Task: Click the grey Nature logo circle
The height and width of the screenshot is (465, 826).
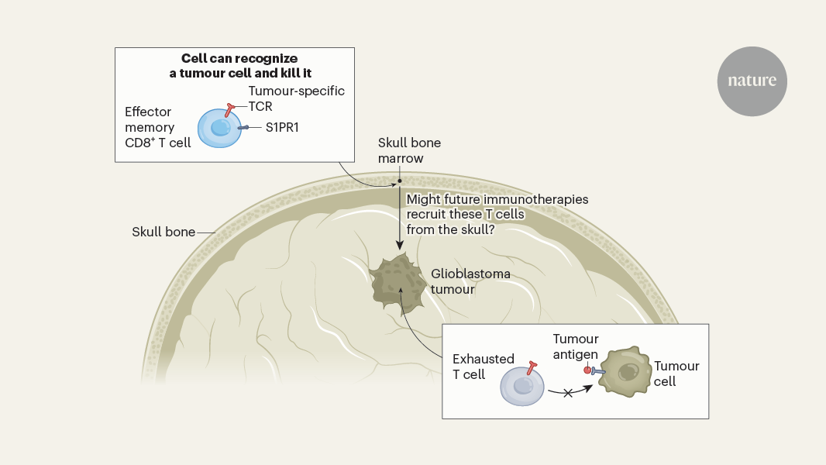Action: coord(752,81)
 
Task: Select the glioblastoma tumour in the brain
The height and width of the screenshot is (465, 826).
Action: coord(398,283)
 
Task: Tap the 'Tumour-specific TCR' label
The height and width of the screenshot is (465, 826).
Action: coord(296,98)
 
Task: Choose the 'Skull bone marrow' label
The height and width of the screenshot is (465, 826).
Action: coord(401,150)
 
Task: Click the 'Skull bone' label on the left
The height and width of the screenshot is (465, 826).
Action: coord(163,232)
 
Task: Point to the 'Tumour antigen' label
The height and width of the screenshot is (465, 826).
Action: coord(575,346)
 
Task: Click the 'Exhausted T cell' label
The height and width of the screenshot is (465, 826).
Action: coord(483,367)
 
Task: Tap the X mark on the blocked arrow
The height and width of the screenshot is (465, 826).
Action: coord(567,393)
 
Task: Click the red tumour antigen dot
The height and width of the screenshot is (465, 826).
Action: coord(587,370)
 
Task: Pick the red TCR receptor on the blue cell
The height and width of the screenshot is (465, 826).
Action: coord(230,109)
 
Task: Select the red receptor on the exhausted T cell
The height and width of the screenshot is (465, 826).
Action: coord(532,365)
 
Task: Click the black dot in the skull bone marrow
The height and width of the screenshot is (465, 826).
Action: coord(400,181)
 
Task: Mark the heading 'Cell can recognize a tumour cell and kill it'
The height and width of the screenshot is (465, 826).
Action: coord(234,65)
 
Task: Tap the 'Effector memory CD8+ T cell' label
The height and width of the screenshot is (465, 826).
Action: coord(157,127)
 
